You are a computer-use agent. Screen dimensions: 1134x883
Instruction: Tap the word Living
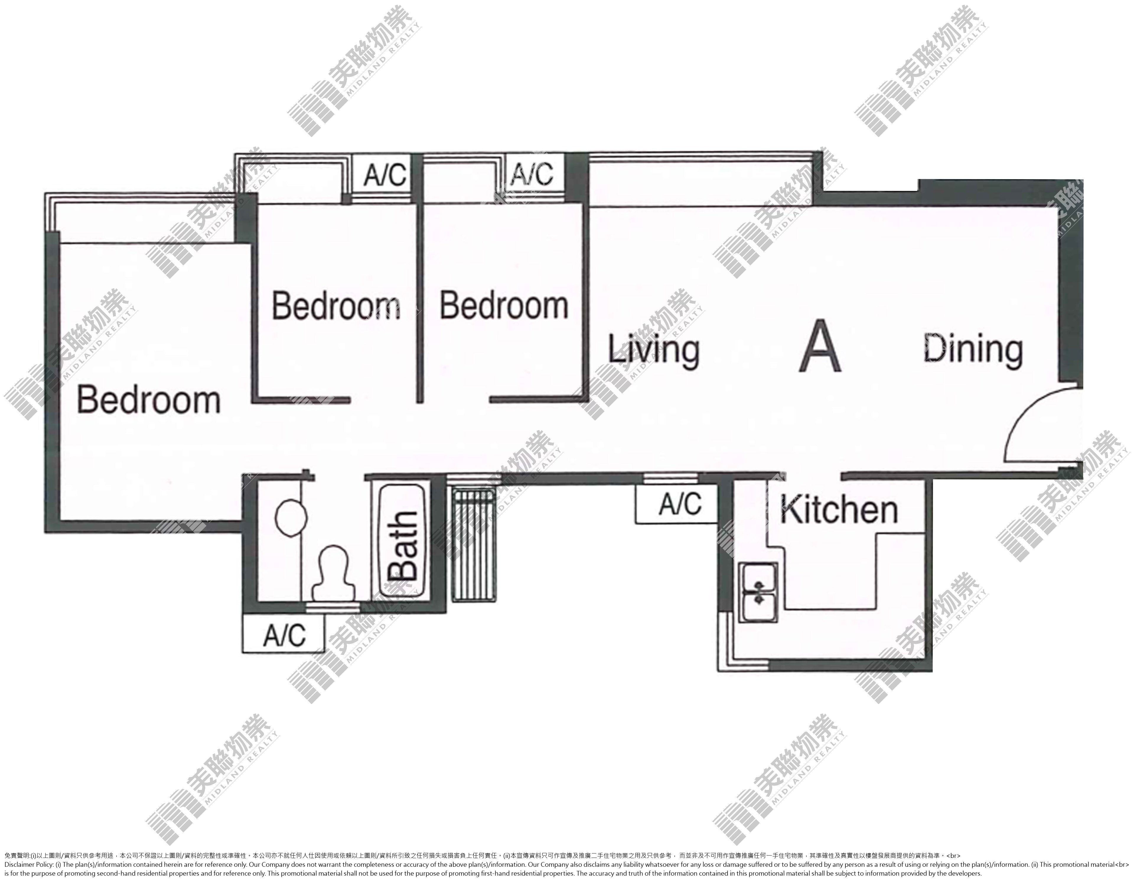tap(654, 351)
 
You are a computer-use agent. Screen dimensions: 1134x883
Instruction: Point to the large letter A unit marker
tap(819, 345)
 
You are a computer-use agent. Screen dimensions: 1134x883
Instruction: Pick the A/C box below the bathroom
tap(283, 634)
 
